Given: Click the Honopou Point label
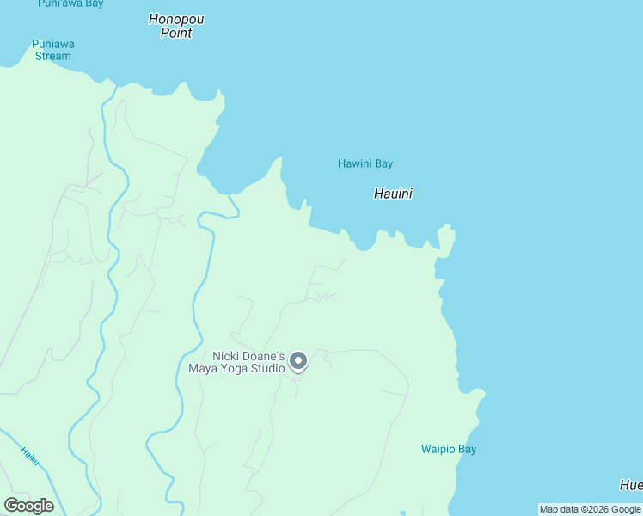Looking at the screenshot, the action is pyautogui.click(x=176, y=26).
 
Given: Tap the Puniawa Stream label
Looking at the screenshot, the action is pyautogui.click(x=52, y=50).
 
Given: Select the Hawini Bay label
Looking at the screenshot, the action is pyautogui.click(x=364, y=163).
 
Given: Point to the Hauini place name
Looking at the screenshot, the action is pyautogui.click(x=393, y=193).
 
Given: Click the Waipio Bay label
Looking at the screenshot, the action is pyautogui.click(x=448, y=449).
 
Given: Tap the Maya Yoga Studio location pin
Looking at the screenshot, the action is pyautogui.click(x=298, y=361).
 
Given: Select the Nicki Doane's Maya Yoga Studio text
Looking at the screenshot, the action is pyautogui.click(x=236, y=363).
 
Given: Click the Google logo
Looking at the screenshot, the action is pyautogui.click(x=28, y=506).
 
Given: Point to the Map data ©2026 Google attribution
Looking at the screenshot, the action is pyautogui.click(x=590, y=509).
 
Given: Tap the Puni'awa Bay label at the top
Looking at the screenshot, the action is pyautogui.click(x=70, y=3).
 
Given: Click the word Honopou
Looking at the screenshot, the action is pyautogui.click(x=176, y=19).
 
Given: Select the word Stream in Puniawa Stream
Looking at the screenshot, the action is pyautogui.click(x=53, y=57).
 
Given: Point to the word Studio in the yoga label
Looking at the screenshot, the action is pyautogui.click(x=268, y=369).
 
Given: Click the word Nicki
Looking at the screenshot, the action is pyautogui.click(x=228, y=356).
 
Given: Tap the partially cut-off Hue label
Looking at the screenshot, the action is pyautogui.click(x=631, y=484).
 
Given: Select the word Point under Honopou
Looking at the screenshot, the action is pyautogui.click(x=176, y=33).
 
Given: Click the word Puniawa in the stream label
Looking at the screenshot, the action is pyautogui.click(x=52, y=44).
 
